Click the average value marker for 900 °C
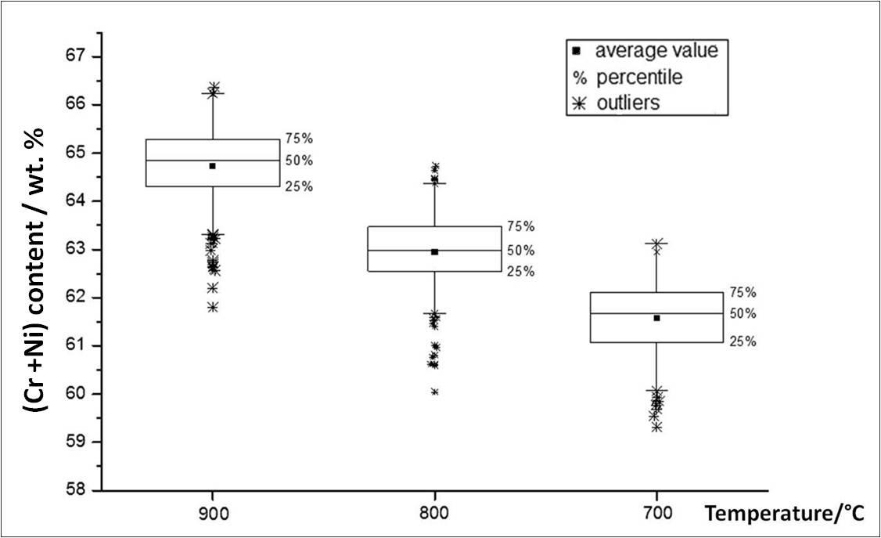(212, 166)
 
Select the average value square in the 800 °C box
(434, 252)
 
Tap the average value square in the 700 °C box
(656, 318)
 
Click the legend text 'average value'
(656, 52)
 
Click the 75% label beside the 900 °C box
(299, 139)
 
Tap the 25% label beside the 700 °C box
(741, 341)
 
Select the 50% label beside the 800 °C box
(520, 251)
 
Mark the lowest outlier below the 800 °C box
(434, 392)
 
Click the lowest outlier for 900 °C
(212, 307)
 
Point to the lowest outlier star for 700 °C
(656, 427)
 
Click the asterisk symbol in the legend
(577, 103)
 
